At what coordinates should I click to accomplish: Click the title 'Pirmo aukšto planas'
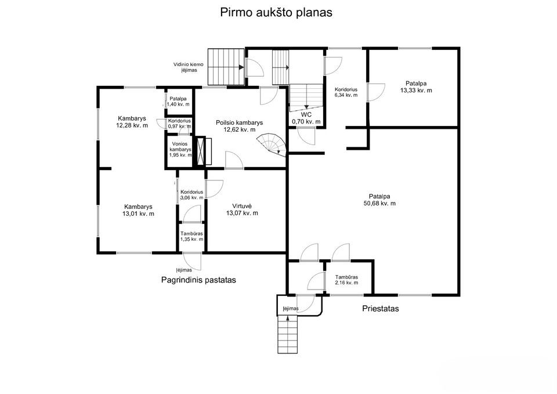pos(276,12)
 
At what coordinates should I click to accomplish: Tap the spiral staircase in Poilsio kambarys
pos(273,144)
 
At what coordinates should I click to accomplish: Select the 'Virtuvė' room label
pos(242,206)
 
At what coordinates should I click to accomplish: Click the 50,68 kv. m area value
pos(379,204)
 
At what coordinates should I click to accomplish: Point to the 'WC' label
pos(306,114)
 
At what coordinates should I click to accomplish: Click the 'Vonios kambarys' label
pos(180,147)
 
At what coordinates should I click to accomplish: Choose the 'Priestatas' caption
pos(381,308)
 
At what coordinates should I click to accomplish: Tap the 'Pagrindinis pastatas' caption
pos(198,280)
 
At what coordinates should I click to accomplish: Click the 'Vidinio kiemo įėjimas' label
pos(188,67)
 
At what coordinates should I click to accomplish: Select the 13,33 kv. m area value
pos(417,91)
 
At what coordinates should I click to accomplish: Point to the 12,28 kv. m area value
pos(132,125)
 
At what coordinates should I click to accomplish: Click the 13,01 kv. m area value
pos(138,214)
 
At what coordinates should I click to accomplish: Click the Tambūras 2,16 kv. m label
pos(346,280)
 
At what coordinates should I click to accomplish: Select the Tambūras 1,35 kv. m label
pos(191,236)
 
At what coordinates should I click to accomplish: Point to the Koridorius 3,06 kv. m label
pos(191,195)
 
